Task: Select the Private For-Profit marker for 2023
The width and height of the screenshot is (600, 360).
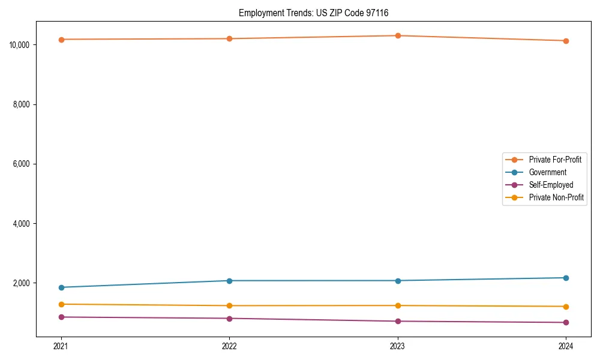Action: [x=398, y=35]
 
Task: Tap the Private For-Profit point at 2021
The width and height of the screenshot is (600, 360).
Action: [x=61, y=40]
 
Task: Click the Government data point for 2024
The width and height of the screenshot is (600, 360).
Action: [x=566, y=278]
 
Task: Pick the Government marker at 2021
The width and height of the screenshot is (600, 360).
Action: [x=61, y=287]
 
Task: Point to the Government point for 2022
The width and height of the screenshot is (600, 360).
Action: [x=229, y=281]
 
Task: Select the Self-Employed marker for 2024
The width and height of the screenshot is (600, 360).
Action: [x=566, y=323]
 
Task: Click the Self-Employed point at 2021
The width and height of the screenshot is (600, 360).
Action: [x=61, y=317]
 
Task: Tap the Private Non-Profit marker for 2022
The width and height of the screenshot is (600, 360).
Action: [x=229, y=306]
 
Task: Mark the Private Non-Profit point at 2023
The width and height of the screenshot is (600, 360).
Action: [x=398, y=305]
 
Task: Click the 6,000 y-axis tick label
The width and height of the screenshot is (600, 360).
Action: [x=23, y=164]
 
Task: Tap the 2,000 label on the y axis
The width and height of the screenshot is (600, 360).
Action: [x=23, y=283]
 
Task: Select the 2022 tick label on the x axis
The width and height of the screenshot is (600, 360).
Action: [x=229, y=346]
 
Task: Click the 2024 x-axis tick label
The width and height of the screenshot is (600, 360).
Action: [x=566, y=346]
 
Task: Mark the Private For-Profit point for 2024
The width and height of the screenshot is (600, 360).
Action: [x=566, y=41]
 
